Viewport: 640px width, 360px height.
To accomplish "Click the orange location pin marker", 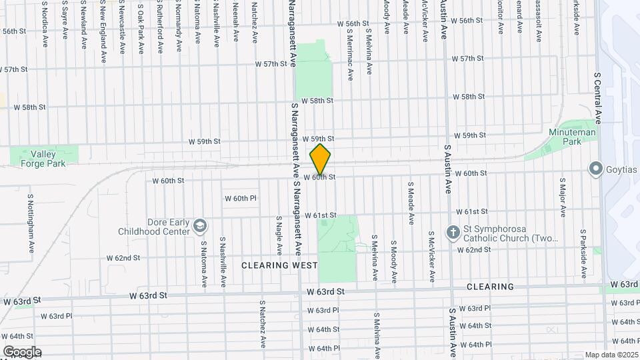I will pos(320,159).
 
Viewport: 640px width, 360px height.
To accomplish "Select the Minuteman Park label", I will pos(563,137).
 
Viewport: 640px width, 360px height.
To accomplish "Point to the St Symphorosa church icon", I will pos(453,233).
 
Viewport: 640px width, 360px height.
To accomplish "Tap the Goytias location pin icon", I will pos(595,169).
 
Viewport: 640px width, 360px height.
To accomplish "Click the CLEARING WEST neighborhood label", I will pos(279,265).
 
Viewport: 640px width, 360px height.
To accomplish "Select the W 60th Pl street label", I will pos(240,199).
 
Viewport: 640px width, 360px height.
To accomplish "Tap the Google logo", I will pos(22,351).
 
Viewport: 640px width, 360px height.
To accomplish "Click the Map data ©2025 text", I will pos(611,355).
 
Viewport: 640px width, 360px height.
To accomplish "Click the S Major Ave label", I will pos(563,202).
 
